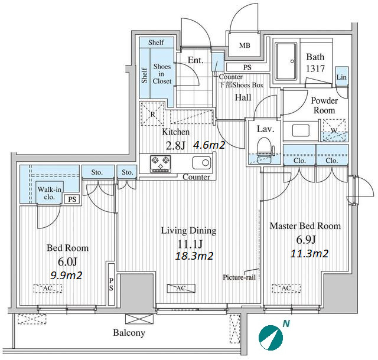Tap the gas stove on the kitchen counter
pyautogui.click(x=161, y=164)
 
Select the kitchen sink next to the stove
pyautogui.click(x=201, y=163)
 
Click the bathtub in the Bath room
pyautogui.click(x=286, y=61)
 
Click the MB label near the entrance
pyautogui.click(x=245, y=45)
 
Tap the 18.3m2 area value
pyautogui.click(x=194, y=256)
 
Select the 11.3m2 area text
pyautogui.click(x=309, y=254)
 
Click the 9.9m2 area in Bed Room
pyautogui.click(x=66, y=275)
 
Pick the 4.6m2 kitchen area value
pyautogui.click(x=208, y=145)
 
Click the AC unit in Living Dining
pyautogui.click(x=181, y=288)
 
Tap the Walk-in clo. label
pyautogui.click(x=49, y=193)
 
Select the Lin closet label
pyautogui.click(x=341, y=77)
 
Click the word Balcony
pyautogui.click(x=129, y=333)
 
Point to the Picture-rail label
pyautogui.click(x=239, y=277)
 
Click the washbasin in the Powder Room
pyautogui.click(x=301, y=130)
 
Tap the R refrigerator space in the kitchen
pyautogui.click(x=152, y=114)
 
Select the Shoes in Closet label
pyautogui.click(x=162, y=74)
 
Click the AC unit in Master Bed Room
pyautogui.click(x=286, y=288)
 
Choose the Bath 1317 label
pyautogui.click(x=315, y=63)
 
